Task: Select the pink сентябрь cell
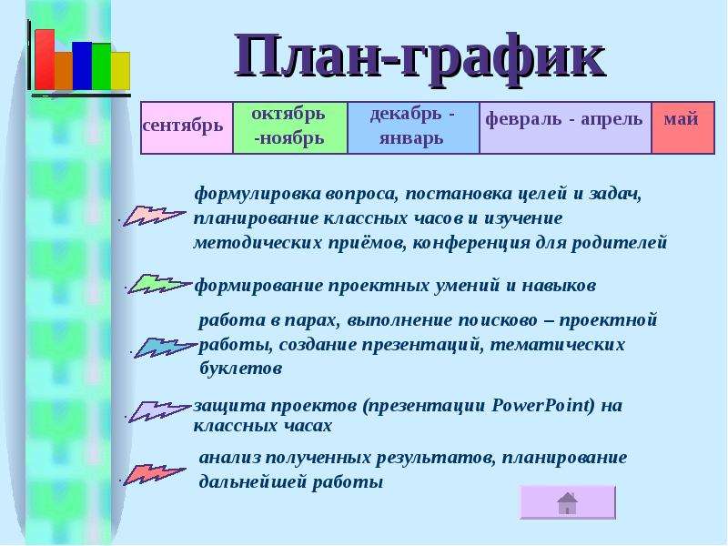pyautogui.click(x=187, y=127)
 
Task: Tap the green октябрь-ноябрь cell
pyautogui.click(x=290, y=127)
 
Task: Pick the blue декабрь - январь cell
pyautogui.click(x=413, y=127)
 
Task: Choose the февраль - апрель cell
pyautogui.click(x=565, y=127)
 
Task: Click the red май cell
pyautogui.click(x=683, y=127)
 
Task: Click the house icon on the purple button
pyautogui.click(x=567, y=503)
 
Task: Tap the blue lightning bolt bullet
pyautogui.click(x=165, y=348)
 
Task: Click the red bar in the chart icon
pyautogui.click(x=45, y=59)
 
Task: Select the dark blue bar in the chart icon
pyautogui.click(x=82, y=66)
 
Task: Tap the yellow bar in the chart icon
pyautogui.click(x=121, y=71)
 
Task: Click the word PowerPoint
pyautogui.click(x=542, y=405)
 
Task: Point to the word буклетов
pyautogui.click(x=240, y=369)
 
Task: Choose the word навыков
pyautogui.click(x=559, y=285)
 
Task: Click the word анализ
pyautogui.click(x=230, y=458)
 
